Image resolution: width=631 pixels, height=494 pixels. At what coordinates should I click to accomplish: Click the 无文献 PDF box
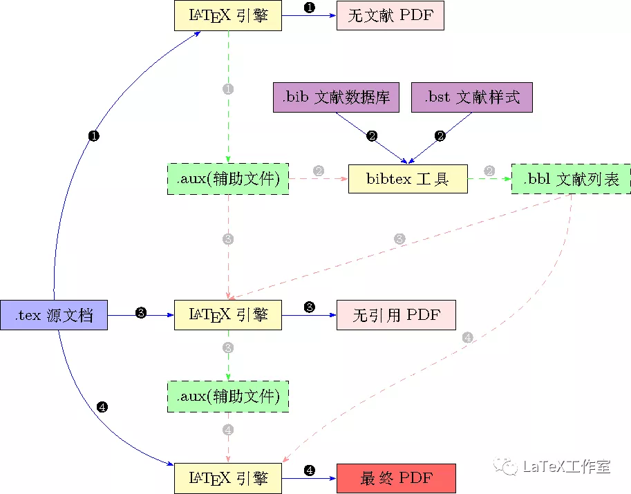click(x=390, y=15)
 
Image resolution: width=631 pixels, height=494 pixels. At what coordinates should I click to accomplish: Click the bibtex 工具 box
click(x=408, y=179)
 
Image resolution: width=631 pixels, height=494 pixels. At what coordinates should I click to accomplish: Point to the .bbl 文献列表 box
click(x=571, y=179)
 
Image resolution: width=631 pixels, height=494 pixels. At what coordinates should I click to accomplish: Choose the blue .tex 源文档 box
click(x=54, y=315)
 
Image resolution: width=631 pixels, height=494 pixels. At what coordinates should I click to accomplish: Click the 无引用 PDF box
click(x=397, y=315)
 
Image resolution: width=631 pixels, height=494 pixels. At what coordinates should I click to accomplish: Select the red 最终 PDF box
click(x=397, y=478)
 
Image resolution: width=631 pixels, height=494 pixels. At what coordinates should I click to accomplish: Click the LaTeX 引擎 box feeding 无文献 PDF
click(x=228, y=15)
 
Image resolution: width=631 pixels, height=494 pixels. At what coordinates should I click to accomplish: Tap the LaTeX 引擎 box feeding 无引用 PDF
click(x=228, y=315)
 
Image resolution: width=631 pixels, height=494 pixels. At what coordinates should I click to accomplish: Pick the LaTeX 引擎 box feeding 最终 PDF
click(x=228, y=478)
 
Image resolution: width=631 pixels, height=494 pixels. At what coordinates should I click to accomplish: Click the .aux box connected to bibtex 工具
click(x=228, y=179)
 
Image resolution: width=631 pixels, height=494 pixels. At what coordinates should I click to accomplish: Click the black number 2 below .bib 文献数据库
click(x=372, y=136)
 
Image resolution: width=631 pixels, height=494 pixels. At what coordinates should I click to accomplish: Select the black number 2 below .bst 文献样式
click(x=440, y=136)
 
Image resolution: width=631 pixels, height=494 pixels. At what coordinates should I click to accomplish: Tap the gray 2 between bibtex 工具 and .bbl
click(x=489, y=171)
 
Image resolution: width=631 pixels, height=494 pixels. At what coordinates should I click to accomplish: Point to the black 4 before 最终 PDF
click(x=310, y=471)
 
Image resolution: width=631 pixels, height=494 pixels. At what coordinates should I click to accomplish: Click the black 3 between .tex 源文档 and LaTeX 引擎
click(x=141, y=313)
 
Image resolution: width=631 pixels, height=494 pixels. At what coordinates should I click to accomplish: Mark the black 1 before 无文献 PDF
click(x=310, y=8)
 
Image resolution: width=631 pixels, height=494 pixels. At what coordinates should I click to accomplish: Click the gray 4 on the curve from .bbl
click(x=468, y=338)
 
